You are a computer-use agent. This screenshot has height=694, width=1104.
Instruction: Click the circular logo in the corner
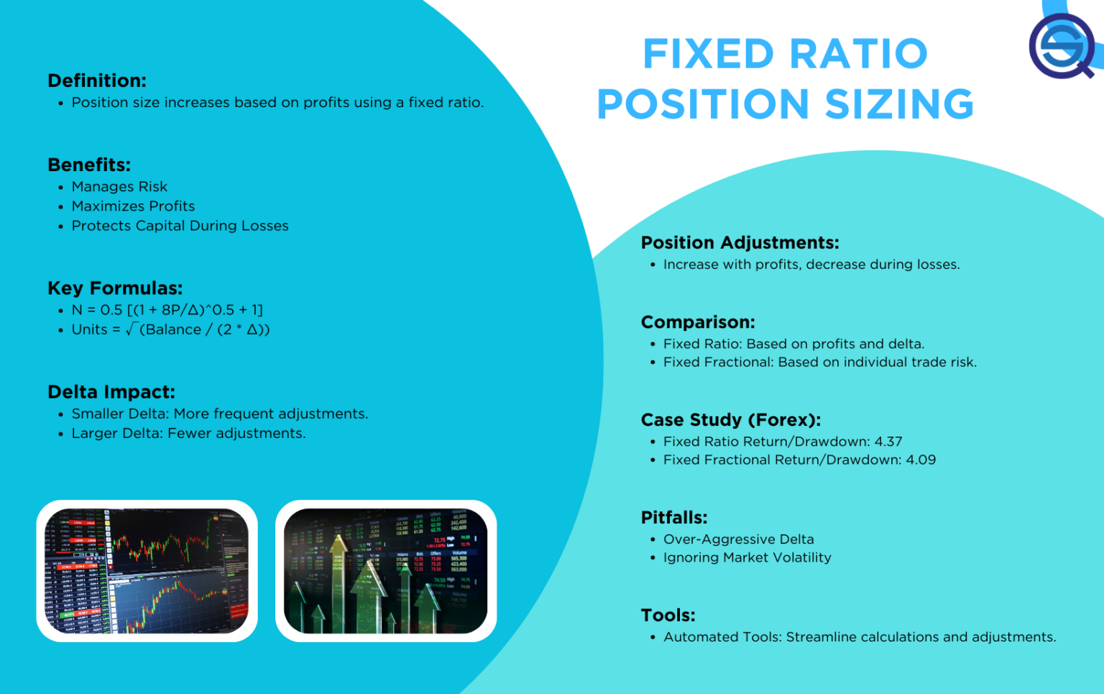click(x=1062, y=46)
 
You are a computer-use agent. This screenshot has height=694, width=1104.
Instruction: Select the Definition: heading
click(x=97, y=81)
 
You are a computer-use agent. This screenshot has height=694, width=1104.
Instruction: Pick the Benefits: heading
click(x=89, y=165)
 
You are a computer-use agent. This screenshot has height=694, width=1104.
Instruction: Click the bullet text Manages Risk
click(x=119, y=187)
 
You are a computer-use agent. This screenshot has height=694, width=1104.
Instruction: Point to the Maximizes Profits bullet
click(x=133, y=206)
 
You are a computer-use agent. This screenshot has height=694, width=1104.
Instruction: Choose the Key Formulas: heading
click(x=115, y=288)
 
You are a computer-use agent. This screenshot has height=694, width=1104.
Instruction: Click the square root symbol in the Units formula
click(x=131, y=329)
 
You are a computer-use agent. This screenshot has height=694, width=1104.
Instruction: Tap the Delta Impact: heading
click(x=111, y=392)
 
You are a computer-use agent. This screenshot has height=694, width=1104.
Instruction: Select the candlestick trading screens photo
click(x=147, y=570)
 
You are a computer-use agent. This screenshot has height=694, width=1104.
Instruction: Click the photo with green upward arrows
click(x=386, y=570)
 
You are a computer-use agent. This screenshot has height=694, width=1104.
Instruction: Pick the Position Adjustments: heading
click(x=740, y=243)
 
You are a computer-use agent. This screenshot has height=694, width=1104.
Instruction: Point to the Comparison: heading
click(x=698, y=322)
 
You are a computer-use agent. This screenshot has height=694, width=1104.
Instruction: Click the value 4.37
click(x=888, y=442)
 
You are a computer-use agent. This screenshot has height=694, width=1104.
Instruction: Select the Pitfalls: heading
click(x=674, y=518)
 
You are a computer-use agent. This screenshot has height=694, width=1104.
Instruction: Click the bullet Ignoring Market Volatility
click(x=747, y=558)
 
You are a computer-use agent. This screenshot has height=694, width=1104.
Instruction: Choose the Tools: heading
click(x=668, y=616)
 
